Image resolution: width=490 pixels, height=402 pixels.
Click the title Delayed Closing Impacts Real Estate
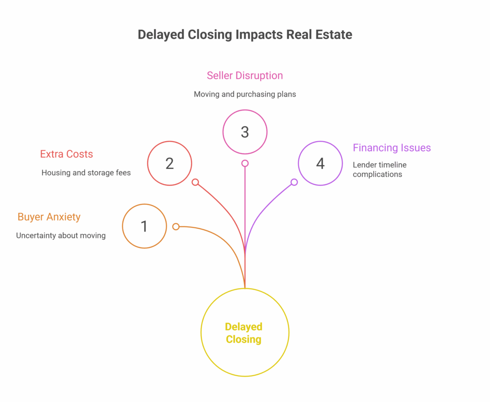[x=245, y=35]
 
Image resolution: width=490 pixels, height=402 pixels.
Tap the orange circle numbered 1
[x=145, y=226]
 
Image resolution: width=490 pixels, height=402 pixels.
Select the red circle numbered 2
[x=169, y=163]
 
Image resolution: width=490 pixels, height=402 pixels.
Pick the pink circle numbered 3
[x=245, y=132]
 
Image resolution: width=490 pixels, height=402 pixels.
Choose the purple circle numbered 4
[x=320, y=163]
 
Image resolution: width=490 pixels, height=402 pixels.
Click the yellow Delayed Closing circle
[x=245, y=333]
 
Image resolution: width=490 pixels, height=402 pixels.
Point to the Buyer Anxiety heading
[x=49, y=217]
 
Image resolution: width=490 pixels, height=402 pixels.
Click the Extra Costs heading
[x=67, y=154]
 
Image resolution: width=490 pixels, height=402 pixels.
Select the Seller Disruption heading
[x=245, y=76]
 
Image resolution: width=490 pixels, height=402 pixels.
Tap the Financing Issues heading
[x=391, y=148]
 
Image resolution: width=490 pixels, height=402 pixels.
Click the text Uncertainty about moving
[x=61, y=235]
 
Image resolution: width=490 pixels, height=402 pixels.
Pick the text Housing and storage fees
[x=86, y=173]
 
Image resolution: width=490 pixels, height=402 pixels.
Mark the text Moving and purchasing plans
[x=245, y=94]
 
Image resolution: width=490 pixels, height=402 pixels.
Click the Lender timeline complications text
[x=380, y=169]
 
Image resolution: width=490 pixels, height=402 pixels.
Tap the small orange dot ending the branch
[x=176, y=226]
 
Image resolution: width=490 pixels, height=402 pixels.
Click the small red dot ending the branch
[x=195, y=182]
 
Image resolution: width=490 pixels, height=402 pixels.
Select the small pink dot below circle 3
[x=245, y=163]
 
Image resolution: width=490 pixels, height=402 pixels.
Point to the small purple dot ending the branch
[x=294, y=182]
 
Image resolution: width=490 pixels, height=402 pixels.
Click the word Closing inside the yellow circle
[x=244, y=340]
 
